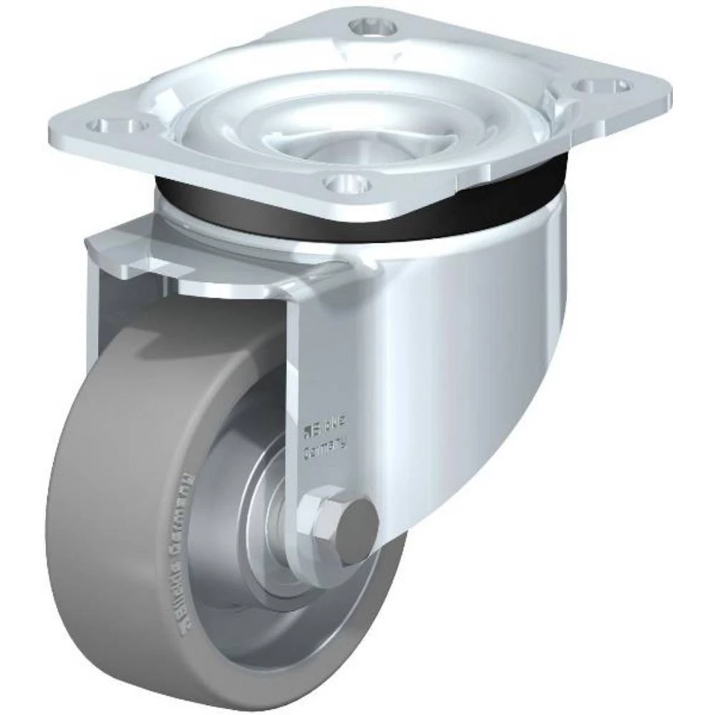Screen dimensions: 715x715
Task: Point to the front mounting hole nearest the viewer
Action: pos(346,183)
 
